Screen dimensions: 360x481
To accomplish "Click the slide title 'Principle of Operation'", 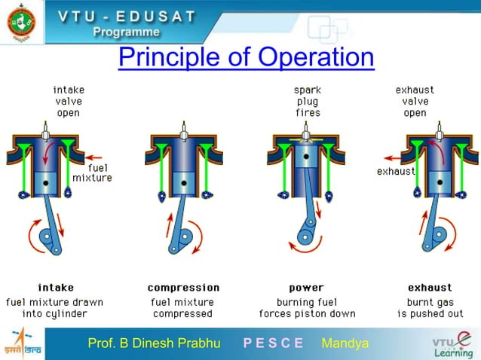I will [x=246, y=57].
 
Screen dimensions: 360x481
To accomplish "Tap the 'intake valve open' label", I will [x=69, y=102].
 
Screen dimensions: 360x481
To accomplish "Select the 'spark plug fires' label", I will [x=308, y=102].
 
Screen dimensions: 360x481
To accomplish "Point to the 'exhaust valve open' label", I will [x=415, y=102].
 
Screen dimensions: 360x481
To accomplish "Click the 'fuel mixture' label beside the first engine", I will [x=92, y=172].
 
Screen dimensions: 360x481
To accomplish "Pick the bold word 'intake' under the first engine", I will [x=56, y=288].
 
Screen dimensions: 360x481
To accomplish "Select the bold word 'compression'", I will [x=183, y=288].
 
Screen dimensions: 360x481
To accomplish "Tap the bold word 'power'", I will [x=306, y=288].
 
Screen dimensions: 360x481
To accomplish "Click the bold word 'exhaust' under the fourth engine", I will [x=430, y=288].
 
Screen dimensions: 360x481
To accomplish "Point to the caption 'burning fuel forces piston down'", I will [x=307, y=308].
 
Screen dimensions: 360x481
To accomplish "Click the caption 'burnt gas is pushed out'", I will [x=430, y=308].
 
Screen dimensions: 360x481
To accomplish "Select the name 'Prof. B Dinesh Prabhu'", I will [x=154, y=343].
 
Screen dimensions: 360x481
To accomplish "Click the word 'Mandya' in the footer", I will [x=345, y=343].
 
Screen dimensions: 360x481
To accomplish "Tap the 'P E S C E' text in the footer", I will [x=273, y=343].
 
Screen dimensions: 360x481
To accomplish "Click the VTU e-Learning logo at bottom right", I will [x=452, y=343].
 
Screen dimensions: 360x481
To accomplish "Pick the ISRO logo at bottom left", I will [x=22, y=343].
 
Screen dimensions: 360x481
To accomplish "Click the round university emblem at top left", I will [x=22, y=23].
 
